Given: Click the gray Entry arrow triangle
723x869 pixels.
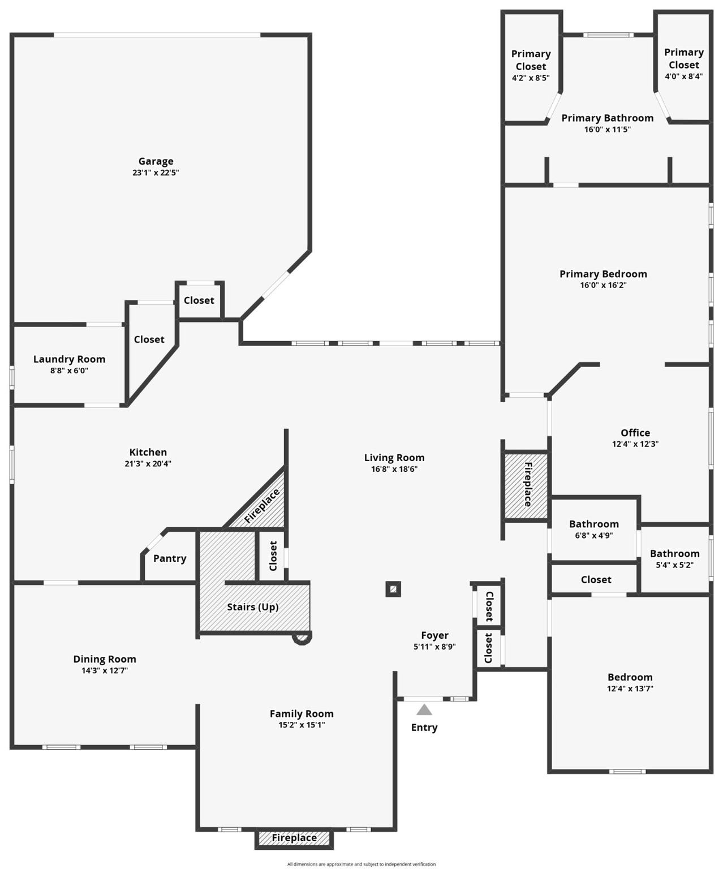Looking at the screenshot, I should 424,709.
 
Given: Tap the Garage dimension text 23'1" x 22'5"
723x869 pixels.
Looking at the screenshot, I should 156,173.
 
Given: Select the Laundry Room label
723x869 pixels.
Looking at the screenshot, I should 69,359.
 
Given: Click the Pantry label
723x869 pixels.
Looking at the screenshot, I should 170,558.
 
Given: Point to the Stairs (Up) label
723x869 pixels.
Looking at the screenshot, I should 253,607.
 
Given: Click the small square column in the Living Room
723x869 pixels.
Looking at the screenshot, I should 393,590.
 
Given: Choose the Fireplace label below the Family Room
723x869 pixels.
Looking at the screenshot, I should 294,838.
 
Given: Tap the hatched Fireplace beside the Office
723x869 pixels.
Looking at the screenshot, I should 527,485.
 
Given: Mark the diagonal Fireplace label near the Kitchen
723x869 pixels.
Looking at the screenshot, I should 262,506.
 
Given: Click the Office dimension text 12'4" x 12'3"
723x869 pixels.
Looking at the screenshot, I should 635,444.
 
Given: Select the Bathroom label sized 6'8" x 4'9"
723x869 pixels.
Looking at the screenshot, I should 594,524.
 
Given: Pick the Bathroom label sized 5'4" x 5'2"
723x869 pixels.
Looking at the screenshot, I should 674,553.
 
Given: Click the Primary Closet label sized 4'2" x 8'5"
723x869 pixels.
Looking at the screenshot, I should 531,60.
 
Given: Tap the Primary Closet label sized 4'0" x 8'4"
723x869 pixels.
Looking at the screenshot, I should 684,58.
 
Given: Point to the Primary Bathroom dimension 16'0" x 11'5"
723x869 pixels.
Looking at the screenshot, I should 607,130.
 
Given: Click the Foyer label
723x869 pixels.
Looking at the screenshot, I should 434,635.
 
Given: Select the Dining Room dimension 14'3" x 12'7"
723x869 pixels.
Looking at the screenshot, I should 105,670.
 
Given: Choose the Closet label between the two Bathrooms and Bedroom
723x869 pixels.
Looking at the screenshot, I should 596,579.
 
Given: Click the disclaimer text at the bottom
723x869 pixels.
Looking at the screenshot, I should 361,864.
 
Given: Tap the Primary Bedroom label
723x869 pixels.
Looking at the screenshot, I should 603,274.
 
